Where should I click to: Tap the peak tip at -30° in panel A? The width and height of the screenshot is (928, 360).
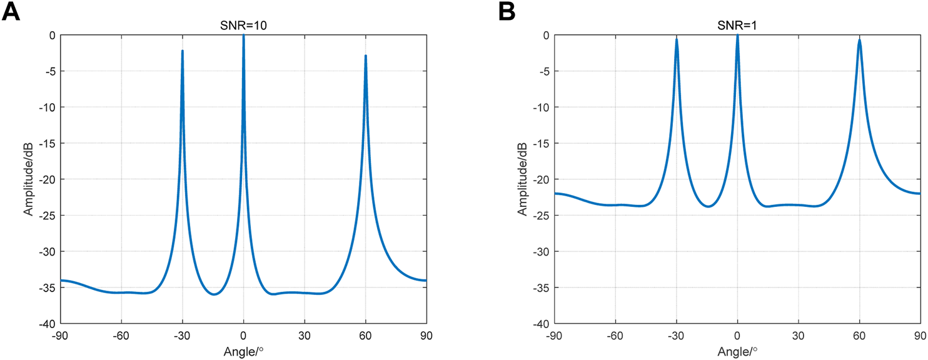click(x=183, y=51)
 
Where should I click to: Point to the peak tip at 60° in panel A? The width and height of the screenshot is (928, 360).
click(x=366, y=56)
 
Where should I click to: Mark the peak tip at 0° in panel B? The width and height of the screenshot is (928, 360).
click(x=738, y=36)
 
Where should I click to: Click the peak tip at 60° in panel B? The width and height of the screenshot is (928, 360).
click(x=860, y=40)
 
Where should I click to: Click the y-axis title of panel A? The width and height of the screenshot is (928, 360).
click(x=28, y=179)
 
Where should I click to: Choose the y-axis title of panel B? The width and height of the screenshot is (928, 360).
click(x=522, y=179)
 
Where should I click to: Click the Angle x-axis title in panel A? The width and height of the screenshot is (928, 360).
click(x=244, y=351)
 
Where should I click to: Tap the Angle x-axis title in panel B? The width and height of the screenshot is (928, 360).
click(x=738, y=351)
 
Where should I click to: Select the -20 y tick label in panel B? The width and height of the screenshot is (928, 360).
click(x=540, y=179)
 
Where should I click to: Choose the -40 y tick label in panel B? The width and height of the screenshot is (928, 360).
click(x=540, y=324)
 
